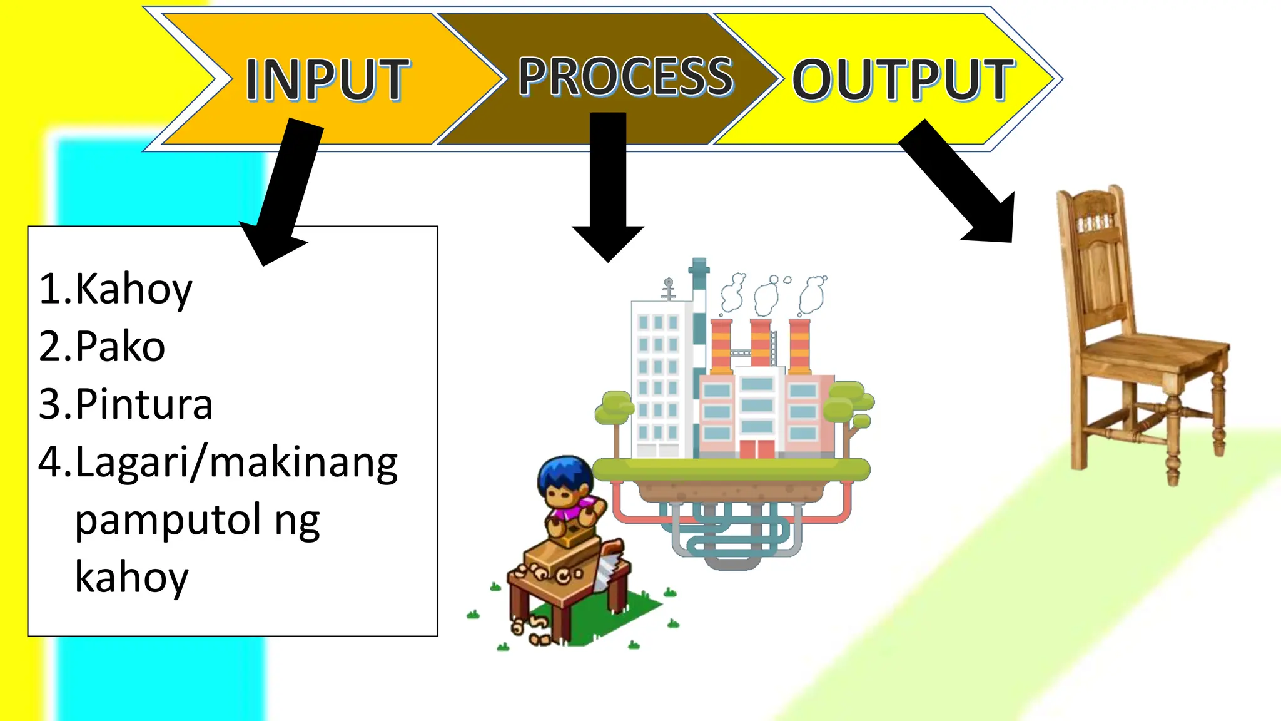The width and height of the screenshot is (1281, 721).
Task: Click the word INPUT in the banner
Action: (327, 79)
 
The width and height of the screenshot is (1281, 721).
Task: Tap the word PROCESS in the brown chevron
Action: (625, 76)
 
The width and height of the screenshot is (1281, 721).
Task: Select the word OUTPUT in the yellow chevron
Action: (903, 79)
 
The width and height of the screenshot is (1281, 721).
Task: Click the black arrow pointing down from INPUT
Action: (288, 188)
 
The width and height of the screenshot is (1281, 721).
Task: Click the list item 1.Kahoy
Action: (116, 289)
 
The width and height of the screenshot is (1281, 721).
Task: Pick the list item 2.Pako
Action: (102, 347)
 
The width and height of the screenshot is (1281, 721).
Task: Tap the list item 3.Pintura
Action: (126, 404)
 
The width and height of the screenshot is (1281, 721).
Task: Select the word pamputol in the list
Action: (168, 519)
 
